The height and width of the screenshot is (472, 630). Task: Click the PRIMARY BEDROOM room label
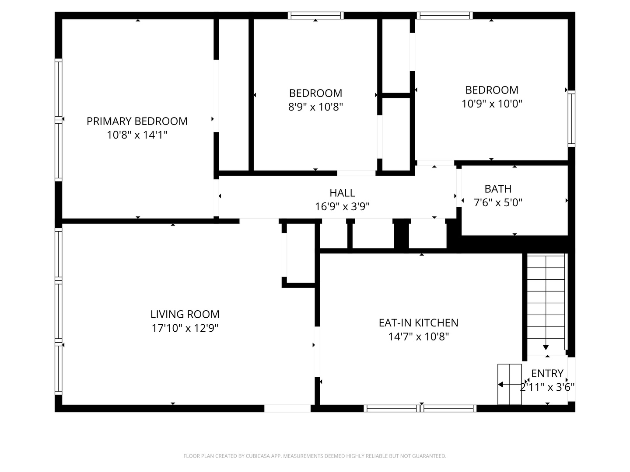pyautogui.click(x=137, y=121)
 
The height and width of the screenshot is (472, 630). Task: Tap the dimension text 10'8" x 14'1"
pyautogui.click(x=137, y=135)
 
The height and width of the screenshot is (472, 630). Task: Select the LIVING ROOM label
pyautogui.click(x=185, y=314)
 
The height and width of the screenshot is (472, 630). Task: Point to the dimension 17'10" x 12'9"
pyautogui.click(x=185, y=328)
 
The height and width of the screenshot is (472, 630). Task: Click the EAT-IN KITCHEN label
pyautogui.click(x=419, y=323)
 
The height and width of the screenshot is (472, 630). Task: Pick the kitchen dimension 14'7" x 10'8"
pyautogui.click(x=419, y=337)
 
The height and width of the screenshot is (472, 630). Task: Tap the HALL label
pyautogui.click(x=342, y=193)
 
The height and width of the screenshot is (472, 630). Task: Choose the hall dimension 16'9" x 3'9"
pyautogui.click(x=342, y=206)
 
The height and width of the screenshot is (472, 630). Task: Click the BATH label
pyautogui.click(x=498, y=189)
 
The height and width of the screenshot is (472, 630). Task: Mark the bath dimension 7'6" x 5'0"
pyautogui.click(x=498, y=203)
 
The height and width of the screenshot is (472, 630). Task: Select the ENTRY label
pyautogui.click(x=547, y=374)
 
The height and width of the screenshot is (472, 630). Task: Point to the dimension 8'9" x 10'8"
pyautogui.click(x=315, y=107)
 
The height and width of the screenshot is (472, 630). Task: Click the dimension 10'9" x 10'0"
pyautogui.click(x=492, y=104)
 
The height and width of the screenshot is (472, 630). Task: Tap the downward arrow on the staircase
pyautogui.click(x=546, y=347)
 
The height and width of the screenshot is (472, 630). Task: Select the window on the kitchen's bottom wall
pyautogui.click(x=420, y=408)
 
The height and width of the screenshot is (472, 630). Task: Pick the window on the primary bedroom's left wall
pyautogui.click(x=58, y=120)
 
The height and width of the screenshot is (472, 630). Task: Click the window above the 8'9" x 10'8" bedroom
pyautogui.click(x=316, y=15)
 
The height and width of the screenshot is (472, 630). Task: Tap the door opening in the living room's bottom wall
pyautogui.click(x=287, y=408)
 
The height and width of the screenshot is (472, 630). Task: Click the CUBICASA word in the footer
pyautogui.click(x=256, y=456)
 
